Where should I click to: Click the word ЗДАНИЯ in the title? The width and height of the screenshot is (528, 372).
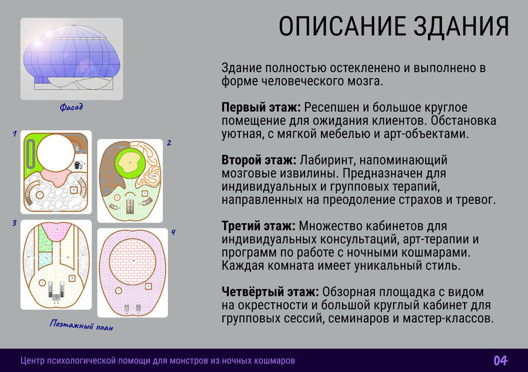click(x=461, y=26)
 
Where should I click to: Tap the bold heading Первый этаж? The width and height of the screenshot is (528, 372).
click(x=261, y=108)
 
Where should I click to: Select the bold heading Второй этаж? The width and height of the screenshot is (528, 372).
click(x=259, y=160)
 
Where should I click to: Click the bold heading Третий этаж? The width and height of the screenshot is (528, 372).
click(x=258, y=226)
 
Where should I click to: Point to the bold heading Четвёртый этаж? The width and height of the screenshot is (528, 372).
click(x=270, y=292)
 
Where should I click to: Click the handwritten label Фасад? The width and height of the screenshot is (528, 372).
click(x=72, y=107)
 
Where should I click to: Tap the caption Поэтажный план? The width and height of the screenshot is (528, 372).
click(x=82, y=325)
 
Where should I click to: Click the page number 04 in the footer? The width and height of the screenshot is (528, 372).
click(x=501, y=360)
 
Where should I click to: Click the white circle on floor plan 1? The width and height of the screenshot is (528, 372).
click(x=56, y=153)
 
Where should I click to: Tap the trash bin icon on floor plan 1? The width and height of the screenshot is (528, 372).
click(x=77, y=165)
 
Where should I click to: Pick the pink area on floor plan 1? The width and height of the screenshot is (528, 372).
click(x=56, y=178)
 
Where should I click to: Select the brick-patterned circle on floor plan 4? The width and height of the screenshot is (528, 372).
click(x=133, y=261)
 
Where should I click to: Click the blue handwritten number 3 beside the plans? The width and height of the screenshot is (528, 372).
click(x=15, y=223)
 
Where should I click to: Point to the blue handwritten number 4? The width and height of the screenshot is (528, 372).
click(x=173, y=232)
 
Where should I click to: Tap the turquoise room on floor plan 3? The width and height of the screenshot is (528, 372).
click(x=45, y=260)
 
